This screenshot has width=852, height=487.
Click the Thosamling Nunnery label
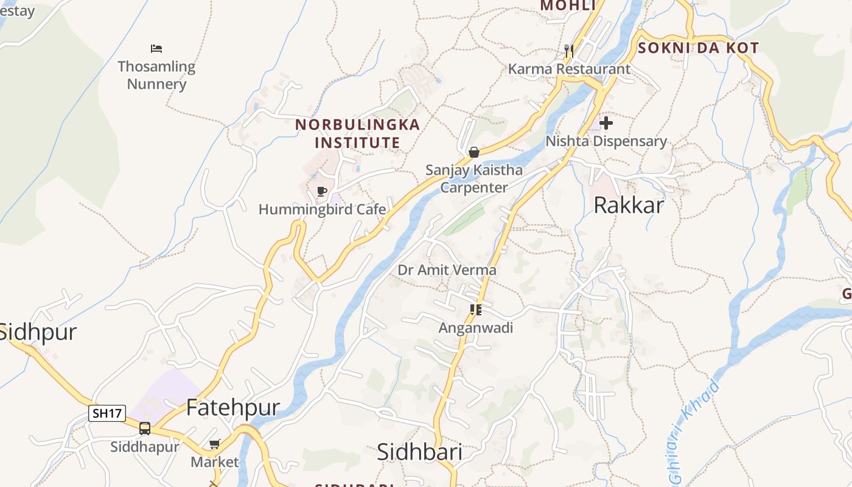pos(156,75)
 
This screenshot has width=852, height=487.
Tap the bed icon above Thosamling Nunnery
pos(156,48)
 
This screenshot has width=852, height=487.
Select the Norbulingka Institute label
pos(357,133)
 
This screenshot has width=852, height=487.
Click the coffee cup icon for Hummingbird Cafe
pos(322,192)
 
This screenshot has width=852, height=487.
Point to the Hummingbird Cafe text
pos(322,209)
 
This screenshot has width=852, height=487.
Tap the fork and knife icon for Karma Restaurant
pos(569,51)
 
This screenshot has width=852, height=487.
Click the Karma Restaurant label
pos(569,69)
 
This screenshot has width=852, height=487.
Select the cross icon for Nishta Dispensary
pos(606,123)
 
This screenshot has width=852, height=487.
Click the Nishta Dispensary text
pos(606,141)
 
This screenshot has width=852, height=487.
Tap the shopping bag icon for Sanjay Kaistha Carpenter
pos(473,152)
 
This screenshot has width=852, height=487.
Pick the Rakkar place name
pos(628,205)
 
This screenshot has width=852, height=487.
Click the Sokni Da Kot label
pos(698,48)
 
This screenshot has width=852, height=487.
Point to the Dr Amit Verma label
pos(447,270)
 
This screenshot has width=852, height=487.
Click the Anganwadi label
pos(476,328)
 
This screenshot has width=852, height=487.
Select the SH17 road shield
pos(107,413)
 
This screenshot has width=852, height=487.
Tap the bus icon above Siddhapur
pos(145,428)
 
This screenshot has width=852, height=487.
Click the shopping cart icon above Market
pos(214,444)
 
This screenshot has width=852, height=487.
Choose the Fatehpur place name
pos(232,407)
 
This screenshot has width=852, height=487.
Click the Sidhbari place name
pos(419,452)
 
